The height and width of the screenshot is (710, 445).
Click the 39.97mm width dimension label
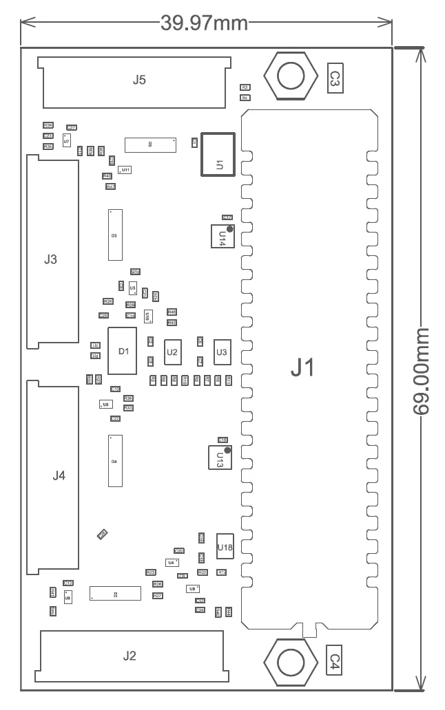pos(204,23)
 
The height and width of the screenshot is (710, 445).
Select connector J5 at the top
pos(138,80)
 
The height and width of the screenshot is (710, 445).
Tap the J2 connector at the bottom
pos(130,656)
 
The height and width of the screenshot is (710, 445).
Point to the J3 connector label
pos(50,259)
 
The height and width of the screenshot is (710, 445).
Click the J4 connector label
pos(59,475)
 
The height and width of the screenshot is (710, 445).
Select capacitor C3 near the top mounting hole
pos(333,78)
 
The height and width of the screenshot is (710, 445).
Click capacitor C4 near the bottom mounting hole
pos(333,661)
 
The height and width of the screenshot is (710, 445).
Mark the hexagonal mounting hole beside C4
pos(289,663)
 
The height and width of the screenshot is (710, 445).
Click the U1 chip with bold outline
pos(218,154)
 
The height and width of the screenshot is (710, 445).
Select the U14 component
pos(222,236)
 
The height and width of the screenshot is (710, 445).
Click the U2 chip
pos(172,352)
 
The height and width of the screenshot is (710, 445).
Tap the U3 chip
pos(222,352)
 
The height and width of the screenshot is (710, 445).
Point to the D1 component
pos(123,352)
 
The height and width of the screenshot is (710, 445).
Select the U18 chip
pos(225,548)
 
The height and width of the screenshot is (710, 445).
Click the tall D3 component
pos(114,235)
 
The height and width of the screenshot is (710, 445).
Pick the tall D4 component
pos(114,460)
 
